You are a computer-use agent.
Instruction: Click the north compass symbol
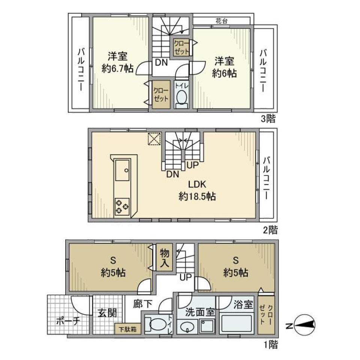(x=305, y=325)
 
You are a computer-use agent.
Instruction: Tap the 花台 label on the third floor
(x=221, y=21)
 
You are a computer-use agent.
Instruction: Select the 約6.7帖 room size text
(x=117, y=69)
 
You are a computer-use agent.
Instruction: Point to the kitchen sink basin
(x=123, y=170)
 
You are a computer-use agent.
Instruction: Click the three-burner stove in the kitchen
(x=122, y=205)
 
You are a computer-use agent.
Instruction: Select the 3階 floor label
(x=268, y=119)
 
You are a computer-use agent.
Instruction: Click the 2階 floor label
(x=268, y=229)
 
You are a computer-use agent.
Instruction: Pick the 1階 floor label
(x=268, y=344)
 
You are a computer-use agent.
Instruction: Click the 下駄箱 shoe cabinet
(x=127, y=330)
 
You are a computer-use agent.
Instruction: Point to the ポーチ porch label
(x=68, y=321)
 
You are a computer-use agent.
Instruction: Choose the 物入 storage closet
(x=164, y=257)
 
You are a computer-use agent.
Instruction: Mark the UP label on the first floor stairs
(x=186, y=277)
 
